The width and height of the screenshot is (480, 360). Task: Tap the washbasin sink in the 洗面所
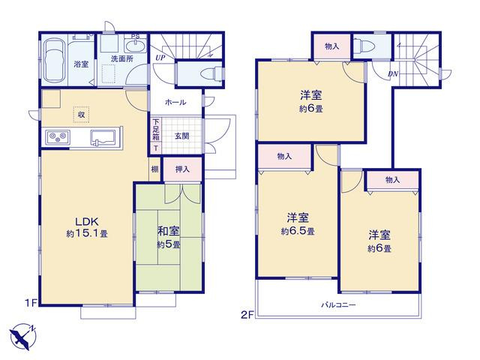(136, 46)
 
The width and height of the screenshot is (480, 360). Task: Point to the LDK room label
(87, 221)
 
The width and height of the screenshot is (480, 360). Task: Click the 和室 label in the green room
(168, 231)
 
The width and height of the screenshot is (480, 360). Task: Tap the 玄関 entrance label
(181, 136)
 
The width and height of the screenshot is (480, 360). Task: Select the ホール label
(175, 102)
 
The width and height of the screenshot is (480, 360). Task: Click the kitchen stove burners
(58, 136)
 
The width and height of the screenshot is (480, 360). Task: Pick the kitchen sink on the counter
(103, 136)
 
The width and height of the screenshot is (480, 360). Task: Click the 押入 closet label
(182, 169)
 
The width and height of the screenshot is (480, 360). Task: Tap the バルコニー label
(338, 305)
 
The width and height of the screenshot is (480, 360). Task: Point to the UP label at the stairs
(160, 58)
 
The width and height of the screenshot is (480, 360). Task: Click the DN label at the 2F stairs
(393, 73)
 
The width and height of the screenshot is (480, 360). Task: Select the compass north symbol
(22, 337)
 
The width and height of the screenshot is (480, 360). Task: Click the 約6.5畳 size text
(298, 231)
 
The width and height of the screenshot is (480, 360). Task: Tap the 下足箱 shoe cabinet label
(156, 129)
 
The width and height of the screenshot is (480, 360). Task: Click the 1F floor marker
(31, 303)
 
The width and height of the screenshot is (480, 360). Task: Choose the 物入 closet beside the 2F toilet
(331, 46)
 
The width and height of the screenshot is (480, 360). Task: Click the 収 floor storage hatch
(81, 115)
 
